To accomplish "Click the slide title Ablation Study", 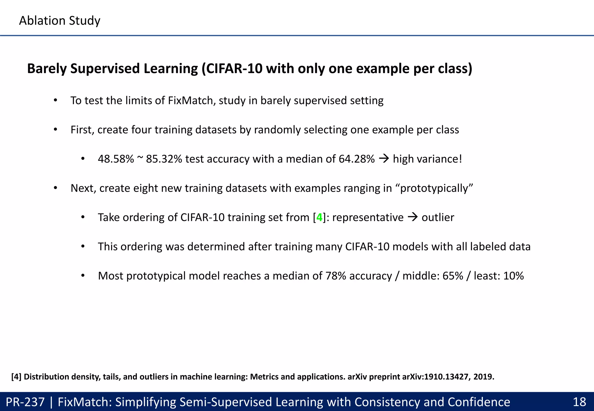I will pyautogui.click(x=59, y=21).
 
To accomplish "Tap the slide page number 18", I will pyautogui.click(x=579, y=402).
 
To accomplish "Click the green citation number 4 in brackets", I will pyautogui.click(x=319, y=217).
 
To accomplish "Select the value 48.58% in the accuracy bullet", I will pyautogui.click(x=116, y=159).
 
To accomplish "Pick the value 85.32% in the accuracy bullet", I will pyautogui.click(x=164, y=159).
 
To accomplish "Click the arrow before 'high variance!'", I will pyautogui.click(x=384, y=159).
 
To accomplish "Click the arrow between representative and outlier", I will pyautogui.click(x=412, y=217).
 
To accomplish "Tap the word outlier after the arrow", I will pyautogui.click(x=438, y=217).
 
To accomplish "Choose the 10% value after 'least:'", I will pyautogui.click(x=513, y=276).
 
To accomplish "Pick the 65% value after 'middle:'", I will pyautogui.click(x=453, y=276).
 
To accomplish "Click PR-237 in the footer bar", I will pyautogui.click(x=25, y=402).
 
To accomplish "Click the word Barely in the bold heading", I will pyautogui.click(x=47, y=69).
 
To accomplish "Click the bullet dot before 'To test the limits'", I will pyautogui.click(x=55, y=101).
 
